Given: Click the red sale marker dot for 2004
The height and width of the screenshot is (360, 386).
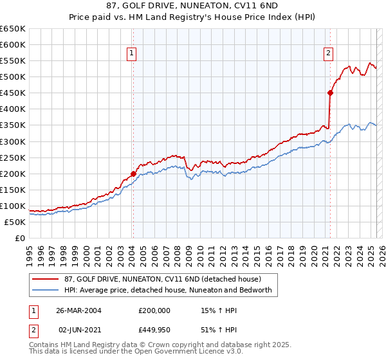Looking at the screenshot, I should (133, 174).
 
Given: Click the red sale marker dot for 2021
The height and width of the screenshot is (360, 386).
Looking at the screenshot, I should (330, 93).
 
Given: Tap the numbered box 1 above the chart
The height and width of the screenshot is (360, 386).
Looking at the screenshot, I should (131, 54).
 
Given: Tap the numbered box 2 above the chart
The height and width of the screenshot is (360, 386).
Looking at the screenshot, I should (328, 54).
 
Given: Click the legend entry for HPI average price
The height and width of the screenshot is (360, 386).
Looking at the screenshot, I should (168, 291).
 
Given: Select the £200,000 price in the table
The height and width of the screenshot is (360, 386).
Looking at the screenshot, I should (154, 310).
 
